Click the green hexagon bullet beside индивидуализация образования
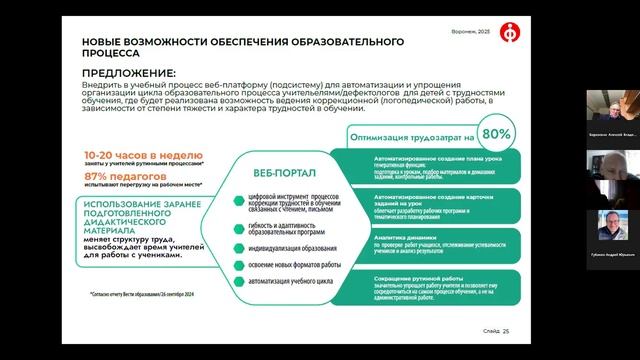[237, 246]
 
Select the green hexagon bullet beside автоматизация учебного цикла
[237, 284]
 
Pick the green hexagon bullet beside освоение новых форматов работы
[237, 265]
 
